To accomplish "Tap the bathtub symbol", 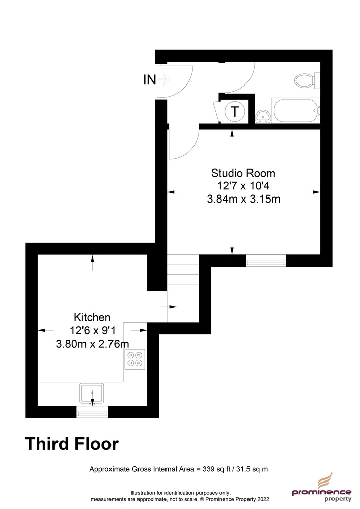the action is tap(295, 110).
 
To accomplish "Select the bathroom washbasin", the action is tap(263, 117).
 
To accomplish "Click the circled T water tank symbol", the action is tap(234, 111).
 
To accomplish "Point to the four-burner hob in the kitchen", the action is tap(135, 359).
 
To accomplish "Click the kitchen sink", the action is tap(92, 393).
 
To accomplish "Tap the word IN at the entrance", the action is tap(150, 80).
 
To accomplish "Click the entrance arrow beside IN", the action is tap(164, 79).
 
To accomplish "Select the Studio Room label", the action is tap(243, 173).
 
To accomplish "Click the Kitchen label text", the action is tap(92, 317).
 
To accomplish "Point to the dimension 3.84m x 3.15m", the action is tap(243, 199).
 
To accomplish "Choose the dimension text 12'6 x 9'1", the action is tap(93, 330).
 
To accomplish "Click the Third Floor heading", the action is tap(72, 444).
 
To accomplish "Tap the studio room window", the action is tap(266, 261).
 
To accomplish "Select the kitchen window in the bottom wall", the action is tap(93, 412).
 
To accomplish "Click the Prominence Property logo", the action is tap(321, 487).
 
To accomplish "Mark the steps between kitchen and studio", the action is tap(183, 270).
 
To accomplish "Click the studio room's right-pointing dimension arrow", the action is tap(312, 192).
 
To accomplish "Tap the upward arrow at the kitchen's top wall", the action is tap(93, 263).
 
